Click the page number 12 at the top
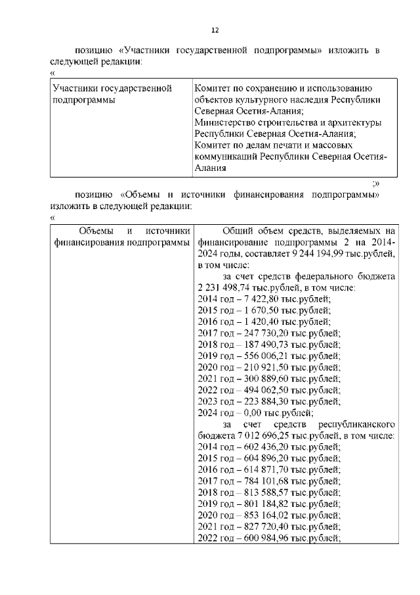click(214, 30)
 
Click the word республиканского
click(355, 424)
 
